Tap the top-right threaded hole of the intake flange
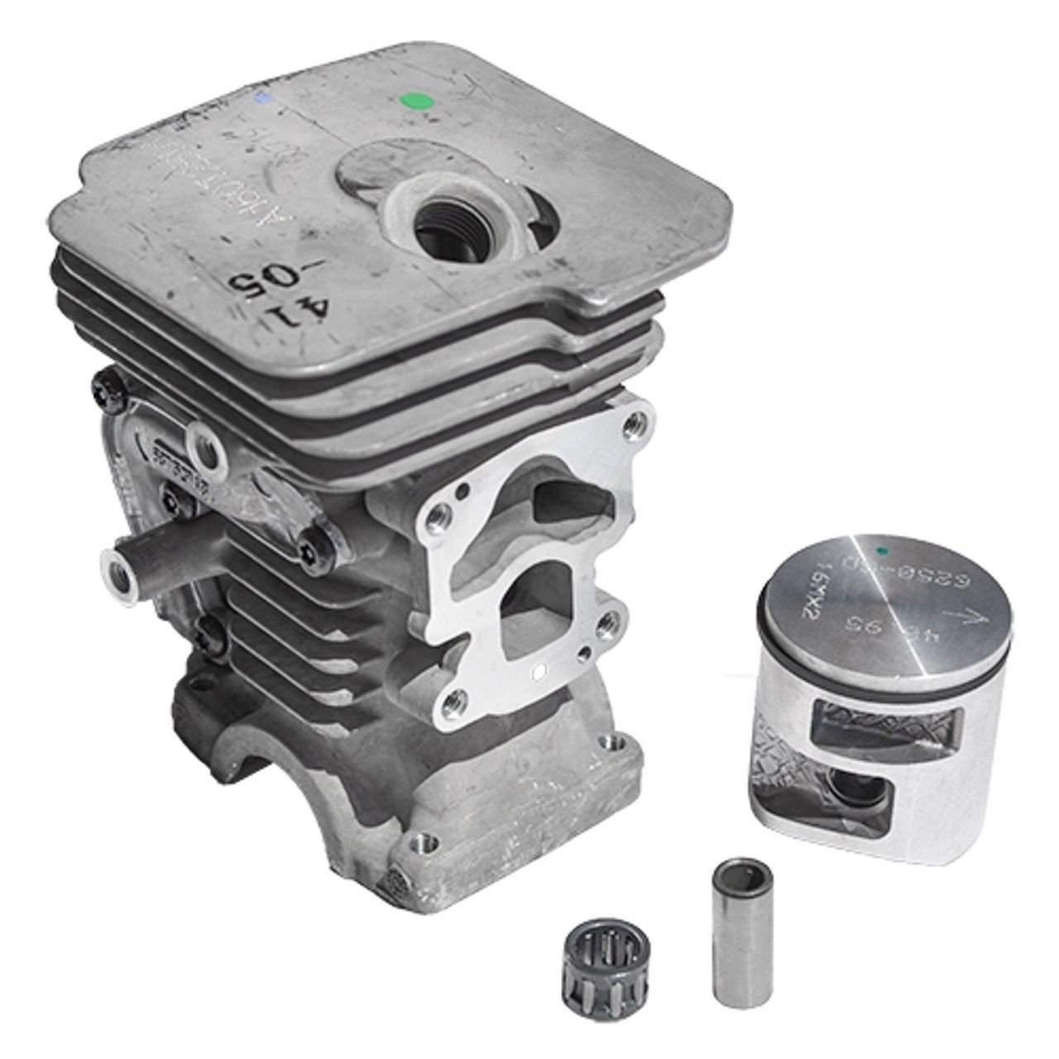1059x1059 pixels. pyautogui.click(x=633, y=424)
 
